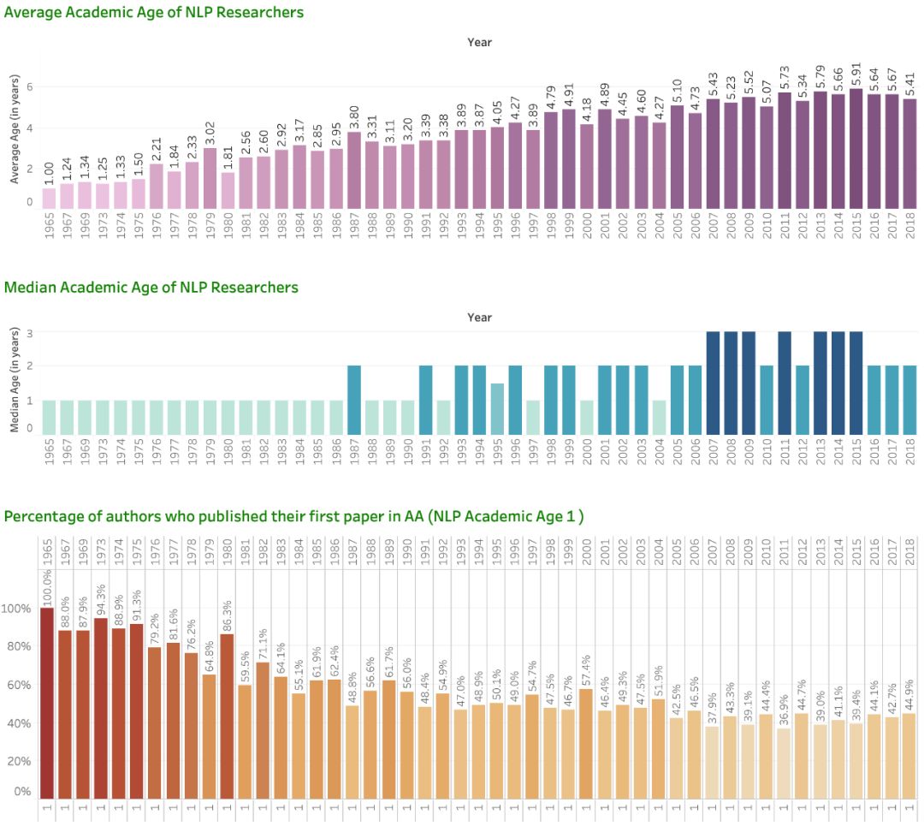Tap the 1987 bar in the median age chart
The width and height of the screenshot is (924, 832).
coord(354,400)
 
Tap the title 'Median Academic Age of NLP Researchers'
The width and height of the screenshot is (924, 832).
coord(151,288)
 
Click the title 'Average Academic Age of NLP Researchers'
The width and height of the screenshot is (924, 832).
coord(154,13)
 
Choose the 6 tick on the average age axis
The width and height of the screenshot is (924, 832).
coord(29,87)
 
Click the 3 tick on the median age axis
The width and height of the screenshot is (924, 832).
coord(29,332)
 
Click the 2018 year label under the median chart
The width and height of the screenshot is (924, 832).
coord(909,455)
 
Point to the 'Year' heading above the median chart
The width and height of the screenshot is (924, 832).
coord(480,318)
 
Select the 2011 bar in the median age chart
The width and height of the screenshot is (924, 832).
coord(785,383)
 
